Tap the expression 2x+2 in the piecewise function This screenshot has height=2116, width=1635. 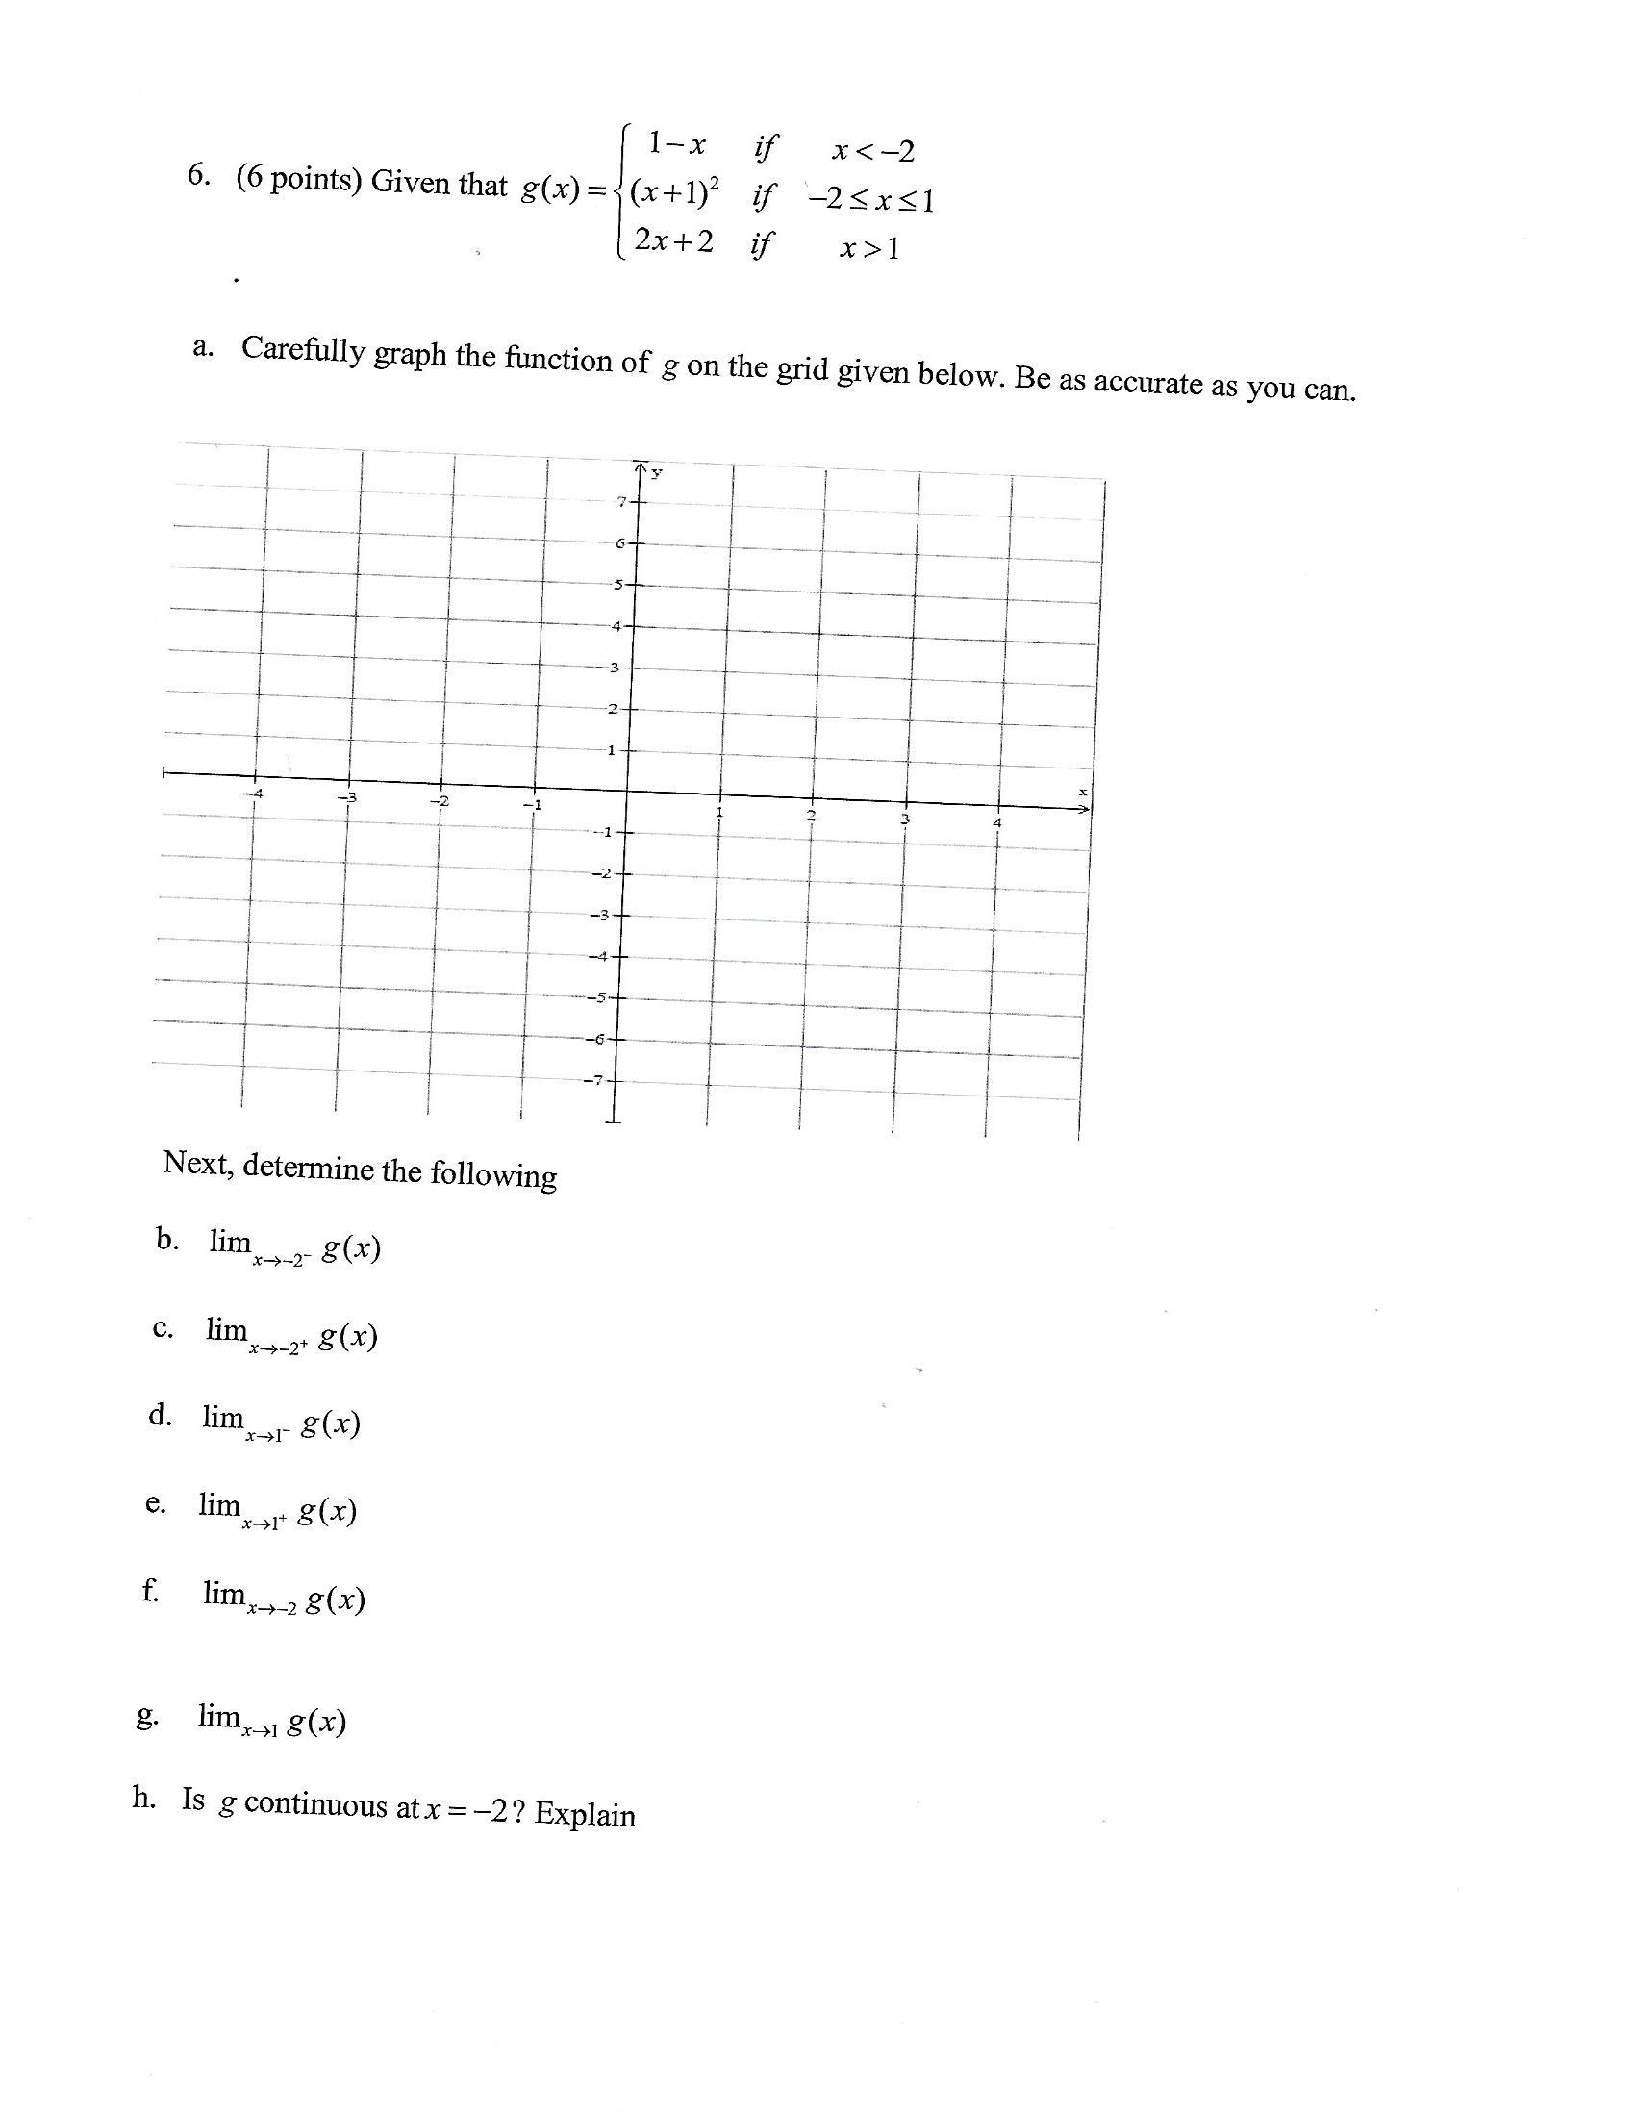[673, 242]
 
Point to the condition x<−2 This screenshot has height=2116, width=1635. [872, 152]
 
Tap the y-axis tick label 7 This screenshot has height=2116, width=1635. [622, 501]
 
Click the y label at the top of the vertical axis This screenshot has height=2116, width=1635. [657, 473]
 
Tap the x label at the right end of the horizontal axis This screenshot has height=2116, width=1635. [1083, 793]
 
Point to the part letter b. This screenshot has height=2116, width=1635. [166, 1239]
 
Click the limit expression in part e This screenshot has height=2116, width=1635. [278, 1509]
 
